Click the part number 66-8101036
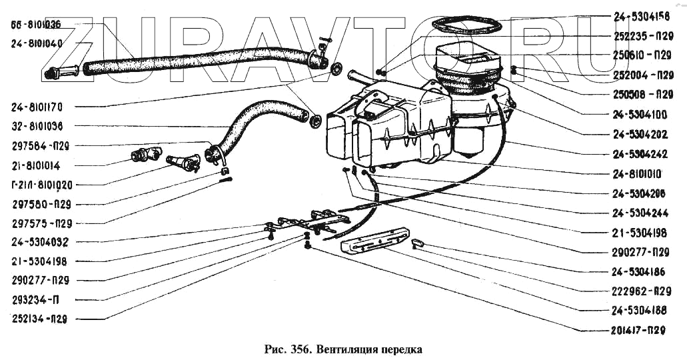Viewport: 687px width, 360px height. point(36,25)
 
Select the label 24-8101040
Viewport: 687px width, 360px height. point(36,43)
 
